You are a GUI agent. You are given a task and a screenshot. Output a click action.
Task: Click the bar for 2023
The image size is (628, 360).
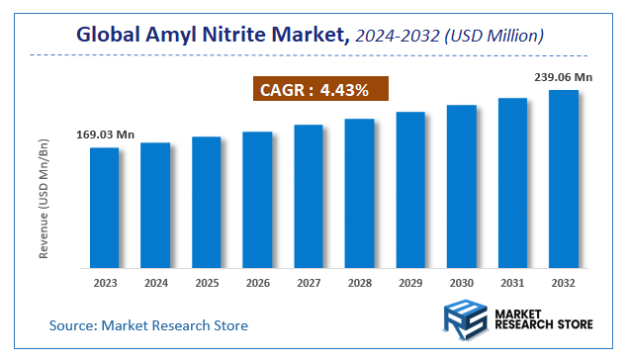click(x=104, y=208)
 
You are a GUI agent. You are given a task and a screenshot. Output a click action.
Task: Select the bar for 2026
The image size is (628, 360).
click(x=257, y=200)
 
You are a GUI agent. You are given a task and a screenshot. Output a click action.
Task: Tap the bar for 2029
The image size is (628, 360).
click(x=410, y=190)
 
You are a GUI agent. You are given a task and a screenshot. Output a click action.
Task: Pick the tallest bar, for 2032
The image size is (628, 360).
click(x=564, y=179)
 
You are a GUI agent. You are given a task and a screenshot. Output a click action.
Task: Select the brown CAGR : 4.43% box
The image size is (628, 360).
click(x=314, y=90)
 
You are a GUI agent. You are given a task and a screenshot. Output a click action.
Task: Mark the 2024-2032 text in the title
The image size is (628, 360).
click(x=398, y=36)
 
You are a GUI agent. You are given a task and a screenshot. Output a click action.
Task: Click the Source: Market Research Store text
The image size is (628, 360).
click(x=148, y=324)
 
